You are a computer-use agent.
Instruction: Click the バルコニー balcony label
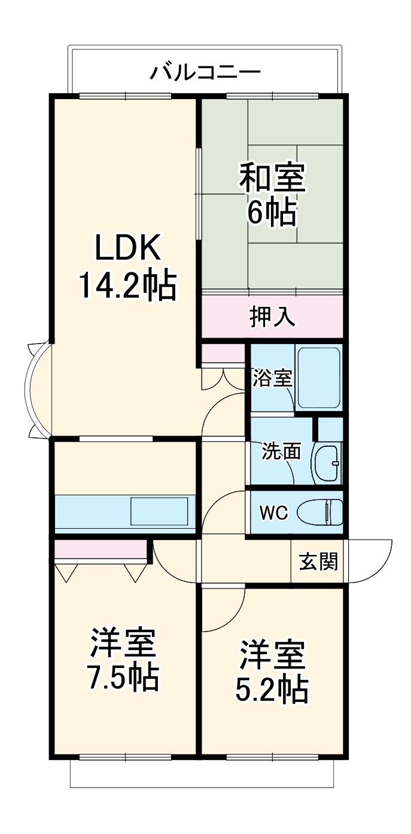tap(205, 72)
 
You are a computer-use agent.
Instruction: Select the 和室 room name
tap(272, 177)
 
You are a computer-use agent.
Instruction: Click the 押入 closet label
tap(272, 317)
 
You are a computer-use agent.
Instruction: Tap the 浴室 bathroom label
tap(272, 378)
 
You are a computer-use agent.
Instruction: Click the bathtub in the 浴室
tap(318, 378)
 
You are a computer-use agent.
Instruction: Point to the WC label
tap(274, 512)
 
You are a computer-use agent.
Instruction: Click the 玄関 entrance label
tap(318, 562)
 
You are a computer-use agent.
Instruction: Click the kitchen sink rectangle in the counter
tap(160, 512)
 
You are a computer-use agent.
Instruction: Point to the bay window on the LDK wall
tap(37, 390)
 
